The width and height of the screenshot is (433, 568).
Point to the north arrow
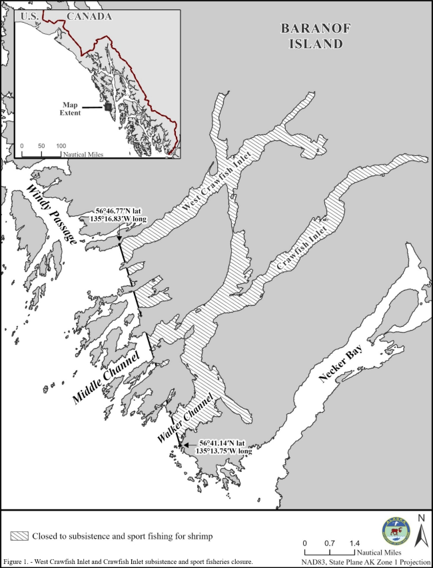[x=420, y=532]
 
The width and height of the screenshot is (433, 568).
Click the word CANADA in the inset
[x=89, y=17]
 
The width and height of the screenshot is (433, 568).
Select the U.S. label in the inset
[x=31, y=17]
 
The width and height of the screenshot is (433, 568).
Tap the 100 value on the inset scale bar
[x=61, y=145]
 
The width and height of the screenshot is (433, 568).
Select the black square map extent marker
[x=107, y=106]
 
